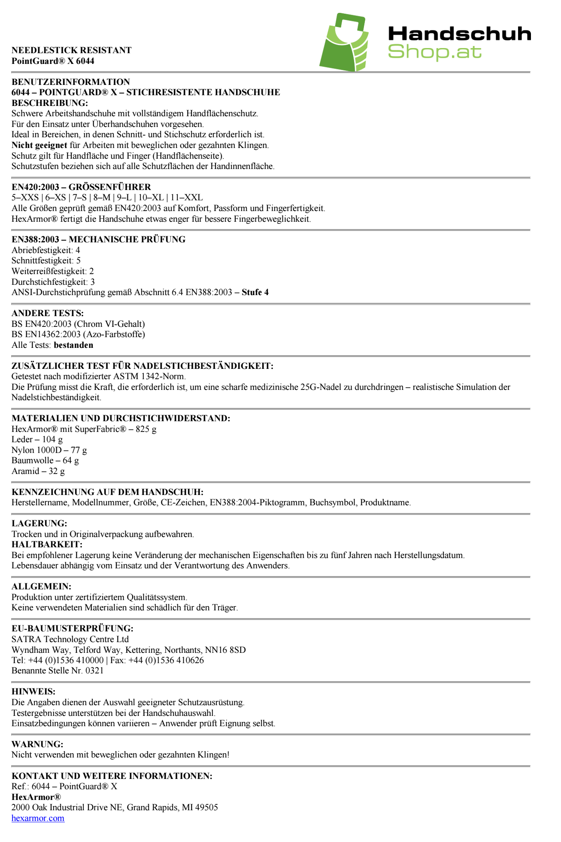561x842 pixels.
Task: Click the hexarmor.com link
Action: click(38, 818)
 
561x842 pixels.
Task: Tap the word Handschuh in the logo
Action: click(459, 34)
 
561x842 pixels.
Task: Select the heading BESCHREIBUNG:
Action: click(50, 103)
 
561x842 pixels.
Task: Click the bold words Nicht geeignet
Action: click(39, 145)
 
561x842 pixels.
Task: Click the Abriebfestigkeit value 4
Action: click(78, 250)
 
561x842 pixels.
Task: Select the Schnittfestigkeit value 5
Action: click(78, 260)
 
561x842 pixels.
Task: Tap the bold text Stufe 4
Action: click(255, 292)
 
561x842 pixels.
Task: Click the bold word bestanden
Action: click(73, 345)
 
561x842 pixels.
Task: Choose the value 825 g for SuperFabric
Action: click(146, 429)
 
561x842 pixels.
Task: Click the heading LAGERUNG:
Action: click(39, 523)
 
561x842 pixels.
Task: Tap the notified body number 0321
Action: click(94, 670)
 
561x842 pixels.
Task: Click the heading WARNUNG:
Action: click(37, 744)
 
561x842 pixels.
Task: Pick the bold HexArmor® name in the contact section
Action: click(36, 797)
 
